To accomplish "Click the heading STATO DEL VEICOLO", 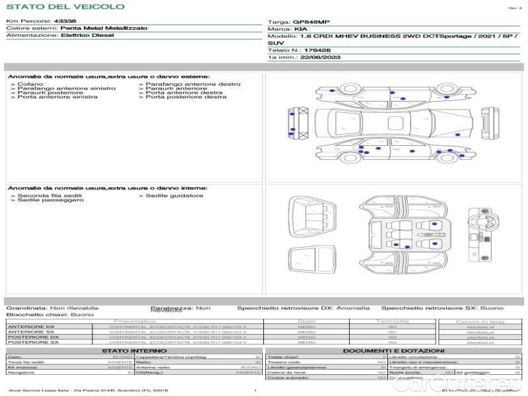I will click(65, 7).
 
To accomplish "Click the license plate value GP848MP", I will click(309, 22).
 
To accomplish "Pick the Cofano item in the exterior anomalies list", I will click(30, 84).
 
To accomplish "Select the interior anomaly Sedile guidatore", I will click(174, 196).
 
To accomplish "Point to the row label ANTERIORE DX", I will click(31, 327).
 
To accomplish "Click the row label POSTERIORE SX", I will click(32, 343).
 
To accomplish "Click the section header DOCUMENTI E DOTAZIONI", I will click(393, 351).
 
